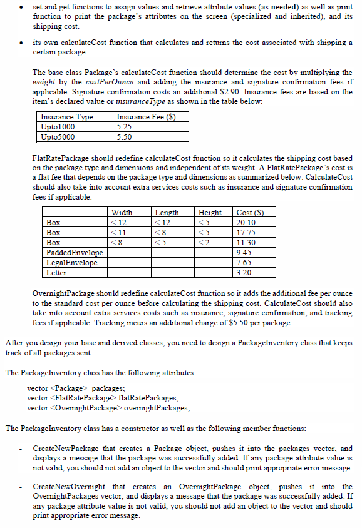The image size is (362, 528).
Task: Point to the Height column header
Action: (210, 213)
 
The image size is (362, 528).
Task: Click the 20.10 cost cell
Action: (246, 223)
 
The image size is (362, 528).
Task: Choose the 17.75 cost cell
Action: (246, 232)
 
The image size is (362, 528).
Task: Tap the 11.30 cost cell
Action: (246, 242)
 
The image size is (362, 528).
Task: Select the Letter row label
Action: (56, 273)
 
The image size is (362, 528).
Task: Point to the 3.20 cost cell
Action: (244, 273)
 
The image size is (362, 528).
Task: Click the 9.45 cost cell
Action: (244, 252)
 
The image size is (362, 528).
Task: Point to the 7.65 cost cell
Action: (244, 263)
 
